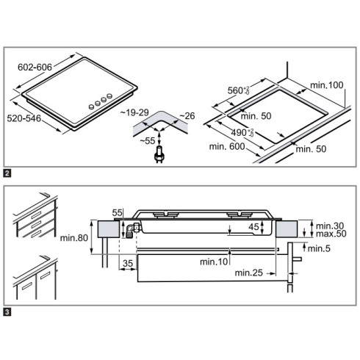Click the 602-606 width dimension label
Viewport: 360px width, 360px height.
(35, 67)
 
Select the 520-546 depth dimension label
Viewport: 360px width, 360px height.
(24, 118)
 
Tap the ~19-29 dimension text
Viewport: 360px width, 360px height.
(134, 112)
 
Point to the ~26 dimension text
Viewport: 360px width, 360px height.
(187, 116)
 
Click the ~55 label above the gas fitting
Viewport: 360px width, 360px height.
(148, 141)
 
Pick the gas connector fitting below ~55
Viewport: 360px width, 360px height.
(159, 154)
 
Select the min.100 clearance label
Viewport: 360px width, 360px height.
(327, 85)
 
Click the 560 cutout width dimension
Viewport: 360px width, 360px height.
(239, 90)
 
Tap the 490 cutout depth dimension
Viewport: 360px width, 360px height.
(242, 132)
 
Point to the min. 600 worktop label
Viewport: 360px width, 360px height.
(227, 146)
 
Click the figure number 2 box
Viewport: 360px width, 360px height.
(7, 173)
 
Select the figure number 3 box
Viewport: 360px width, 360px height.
(7, 312)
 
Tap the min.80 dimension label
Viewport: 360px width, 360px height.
(74, 238)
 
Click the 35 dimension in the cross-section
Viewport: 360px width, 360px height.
(128, 264)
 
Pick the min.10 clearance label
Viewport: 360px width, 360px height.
(214, 262)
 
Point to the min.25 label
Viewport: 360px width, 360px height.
(249, 273)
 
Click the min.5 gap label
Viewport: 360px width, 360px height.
(319, 248)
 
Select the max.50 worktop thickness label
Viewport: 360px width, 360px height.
(331, 234)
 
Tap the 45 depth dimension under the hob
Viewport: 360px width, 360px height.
(253, 227)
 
